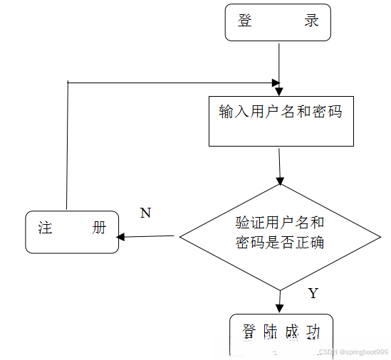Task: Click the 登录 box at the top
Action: click(278, 22)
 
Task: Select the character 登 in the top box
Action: click(246, 21)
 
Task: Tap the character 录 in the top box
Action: click(311, 21)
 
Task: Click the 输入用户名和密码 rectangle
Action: click(281, 121)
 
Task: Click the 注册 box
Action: click(72, 231)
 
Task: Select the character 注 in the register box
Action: click(46, 228)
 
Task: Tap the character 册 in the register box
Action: click(99, 228)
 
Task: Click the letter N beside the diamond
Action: click(145, 213)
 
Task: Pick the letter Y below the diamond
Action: click(313, 293)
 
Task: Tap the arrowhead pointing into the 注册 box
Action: click(121, 237)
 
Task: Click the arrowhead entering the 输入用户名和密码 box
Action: click(279, 90)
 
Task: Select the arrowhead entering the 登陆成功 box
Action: click(281, 308)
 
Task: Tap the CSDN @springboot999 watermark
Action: click(353, 352)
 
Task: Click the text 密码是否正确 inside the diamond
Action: click(280, 243)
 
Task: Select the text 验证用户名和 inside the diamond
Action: click(280, 222)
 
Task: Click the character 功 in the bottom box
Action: click(312, 332)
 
